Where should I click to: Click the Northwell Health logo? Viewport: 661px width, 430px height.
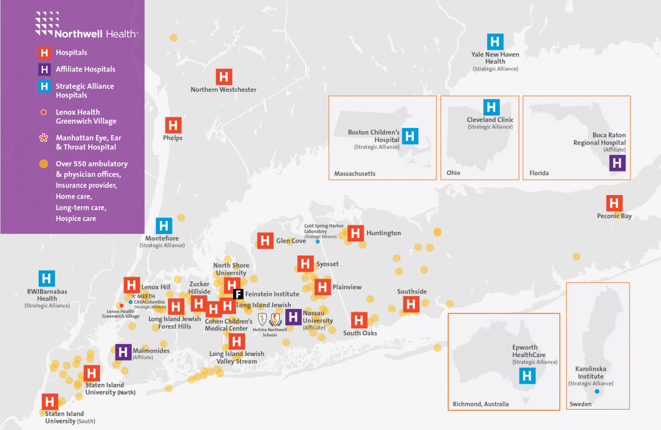pos(86,25)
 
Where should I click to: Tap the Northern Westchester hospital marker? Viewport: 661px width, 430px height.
pos(224,77)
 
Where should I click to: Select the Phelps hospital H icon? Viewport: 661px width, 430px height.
pos(173,125)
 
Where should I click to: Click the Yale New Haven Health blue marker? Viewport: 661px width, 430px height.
pos(495,42)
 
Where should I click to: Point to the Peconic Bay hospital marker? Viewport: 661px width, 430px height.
pos(614,203)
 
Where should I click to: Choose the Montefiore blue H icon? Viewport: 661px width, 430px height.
pos(163,226)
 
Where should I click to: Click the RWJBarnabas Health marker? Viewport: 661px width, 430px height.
pos(46,279)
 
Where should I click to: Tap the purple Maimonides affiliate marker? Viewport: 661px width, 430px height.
pos(123,352)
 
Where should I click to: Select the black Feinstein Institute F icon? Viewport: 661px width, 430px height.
pos(238,294)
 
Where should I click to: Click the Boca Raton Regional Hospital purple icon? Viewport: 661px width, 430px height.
pos(617,163)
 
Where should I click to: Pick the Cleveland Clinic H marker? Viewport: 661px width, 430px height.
pos(491,107)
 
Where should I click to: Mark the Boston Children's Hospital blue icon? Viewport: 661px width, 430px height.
pos(410,136)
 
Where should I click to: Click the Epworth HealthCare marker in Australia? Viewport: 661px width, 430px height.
pos(527,376)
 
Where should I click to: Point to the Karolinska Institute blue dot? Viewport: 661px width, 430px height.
pos(597,391)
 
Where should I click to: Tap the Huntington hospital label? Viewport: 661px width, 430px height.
pos(383,233)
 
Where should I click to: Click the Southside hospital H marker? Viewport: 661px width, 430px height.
pos(411,304)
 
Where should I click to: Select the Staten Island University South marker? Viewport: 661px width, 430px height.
pos(50,402)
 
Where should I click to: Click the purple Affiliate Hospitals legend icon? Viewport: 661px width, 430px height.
pos(44,70)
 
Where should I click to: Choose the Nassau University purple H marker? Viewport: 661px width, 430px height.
pos(293,317)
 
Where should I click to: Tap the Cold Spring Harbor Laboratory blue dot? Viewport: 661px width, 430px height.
pos(317,242)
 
